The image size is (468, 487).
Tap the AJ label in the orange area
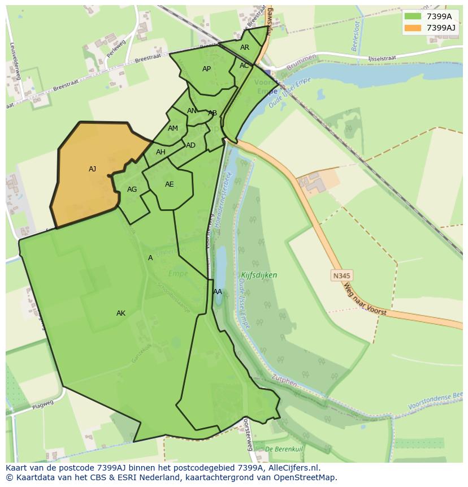[x=93, y=169]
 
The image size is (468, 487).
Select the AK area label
[x=121, y=313]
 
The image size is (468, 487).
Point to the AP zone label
[x=206, y=69]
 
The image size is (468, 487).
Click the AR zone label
[x=245, y=48]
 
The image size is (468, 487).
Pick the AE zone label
[x=169, y=184]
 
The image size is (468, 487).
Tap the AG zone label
[x=132, y=189]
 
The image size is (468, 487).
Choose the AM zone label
[x=173, y=128]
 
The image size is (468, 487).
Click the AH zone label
[x=161, y=152]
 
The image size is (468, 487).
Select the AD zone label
[x=190, y=145]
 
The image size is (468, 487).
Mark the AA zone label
[x=218, y=292]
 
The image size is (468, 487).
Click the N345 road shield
[x=341, y=275]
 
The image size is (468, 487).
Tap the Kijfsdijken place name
[x=259, y=275]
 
